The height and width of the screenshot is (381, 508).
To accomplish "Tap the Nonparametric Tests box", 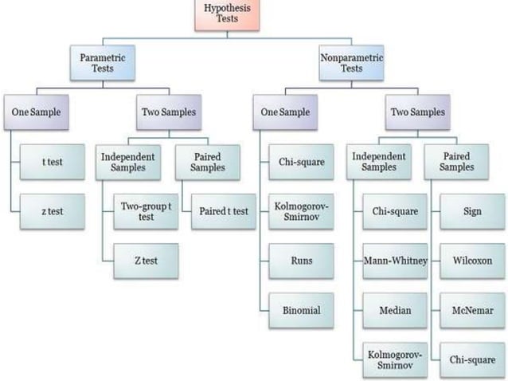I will click(350, 64).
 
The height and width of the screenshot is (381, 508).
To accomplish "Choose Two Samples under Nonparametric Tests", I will click(417, 112).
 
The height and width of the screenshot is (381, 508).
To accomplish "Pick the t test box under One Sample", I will click(53, 163).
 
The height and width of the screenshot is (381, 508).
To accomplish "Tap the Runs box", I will click(300, 260).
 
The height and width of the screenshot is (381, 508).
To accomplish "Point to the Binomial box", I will click(300, 309).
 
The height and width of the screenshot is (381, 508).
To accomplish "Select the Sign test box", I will click(471, 212).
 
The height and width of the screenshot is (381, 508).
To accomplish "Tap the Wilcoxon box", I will click(471, 260).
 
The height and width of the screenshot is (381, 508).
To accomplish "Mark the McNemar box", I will click(471, 308).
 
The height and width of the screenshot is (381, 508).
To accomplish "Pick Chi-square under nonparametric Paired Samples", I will click(471, 358).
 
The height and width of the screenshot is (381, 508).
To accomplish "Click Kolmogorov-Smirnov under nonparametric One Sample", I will click(300, 210).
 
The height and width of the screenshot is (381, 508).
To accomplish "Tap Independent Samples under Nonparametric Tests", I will click(379, 162).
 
